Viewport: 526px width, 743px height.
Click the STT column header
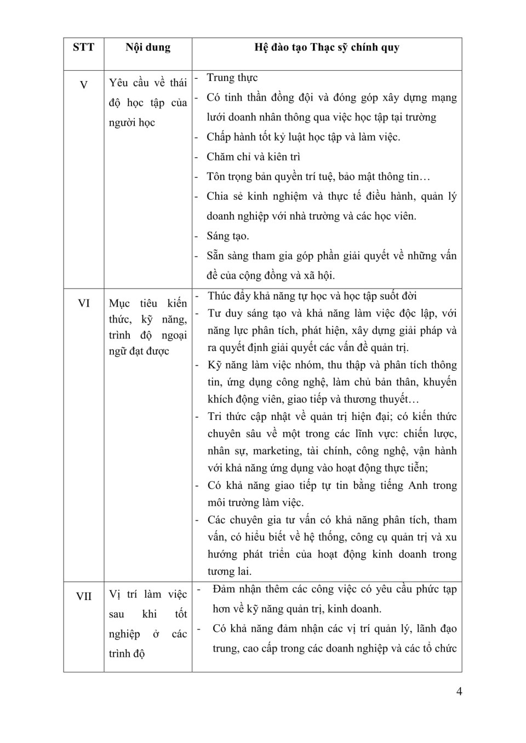tap(83, 47)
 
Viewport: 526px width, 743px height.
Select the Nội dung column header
tap(148, 47)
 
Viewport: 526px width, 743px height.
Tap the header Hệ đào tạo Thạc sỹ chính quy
tap(327, 47)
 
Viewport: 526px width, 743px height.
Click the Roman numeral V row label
tap(84, 85)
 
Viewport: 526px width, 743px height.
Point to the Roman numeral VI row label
tap(84, 303)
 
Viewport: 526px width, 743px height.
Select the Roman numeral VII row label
tap(84, 596)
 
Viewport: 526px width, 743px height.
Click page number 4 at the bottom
tap(459, 691)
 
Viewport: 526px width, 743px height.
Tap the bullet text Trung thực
tap(232, 78)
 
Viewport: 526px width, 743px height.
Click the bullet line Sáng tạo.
tap(227, 236)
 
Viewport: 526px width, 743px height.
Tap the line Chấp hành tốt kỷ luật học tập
tap(303, 137)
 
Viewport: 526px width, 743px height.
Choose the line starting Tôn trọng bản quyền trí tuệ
tap(318, 176)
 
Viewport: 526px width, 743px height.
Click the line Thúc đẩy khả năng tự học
tap(312, 296)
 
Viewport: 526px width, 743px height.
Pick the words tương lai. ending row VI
tap(230, 571)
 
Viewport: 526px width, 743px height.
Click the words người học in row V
tap(132, 122)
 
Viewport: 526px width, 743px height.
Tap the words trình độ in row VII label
tap(127, 653)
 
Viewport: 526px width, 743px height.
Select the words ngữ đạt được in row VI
tap(139, 351)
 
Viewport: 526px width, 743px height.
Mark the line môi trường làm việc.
tap(255, 502)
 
